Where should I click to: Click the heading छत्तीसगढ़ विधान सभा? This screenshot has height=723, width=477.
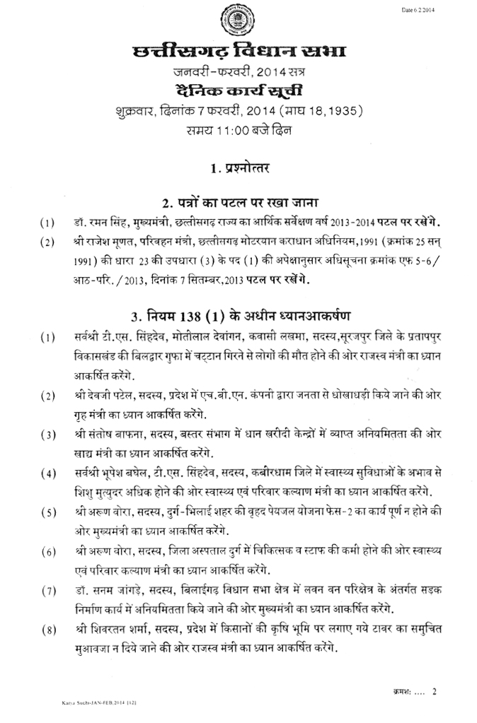238,53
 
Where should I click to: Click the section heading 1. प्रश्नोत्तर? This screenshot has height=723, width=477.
238,168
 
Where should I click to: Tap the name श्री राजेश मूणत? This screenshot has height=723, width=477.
103,241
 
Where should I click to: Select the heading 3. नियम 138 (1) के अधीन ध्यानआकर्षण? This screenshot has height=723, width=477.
238,313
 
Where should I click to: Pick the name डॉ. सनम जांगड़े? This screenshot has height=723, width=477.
103,589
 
